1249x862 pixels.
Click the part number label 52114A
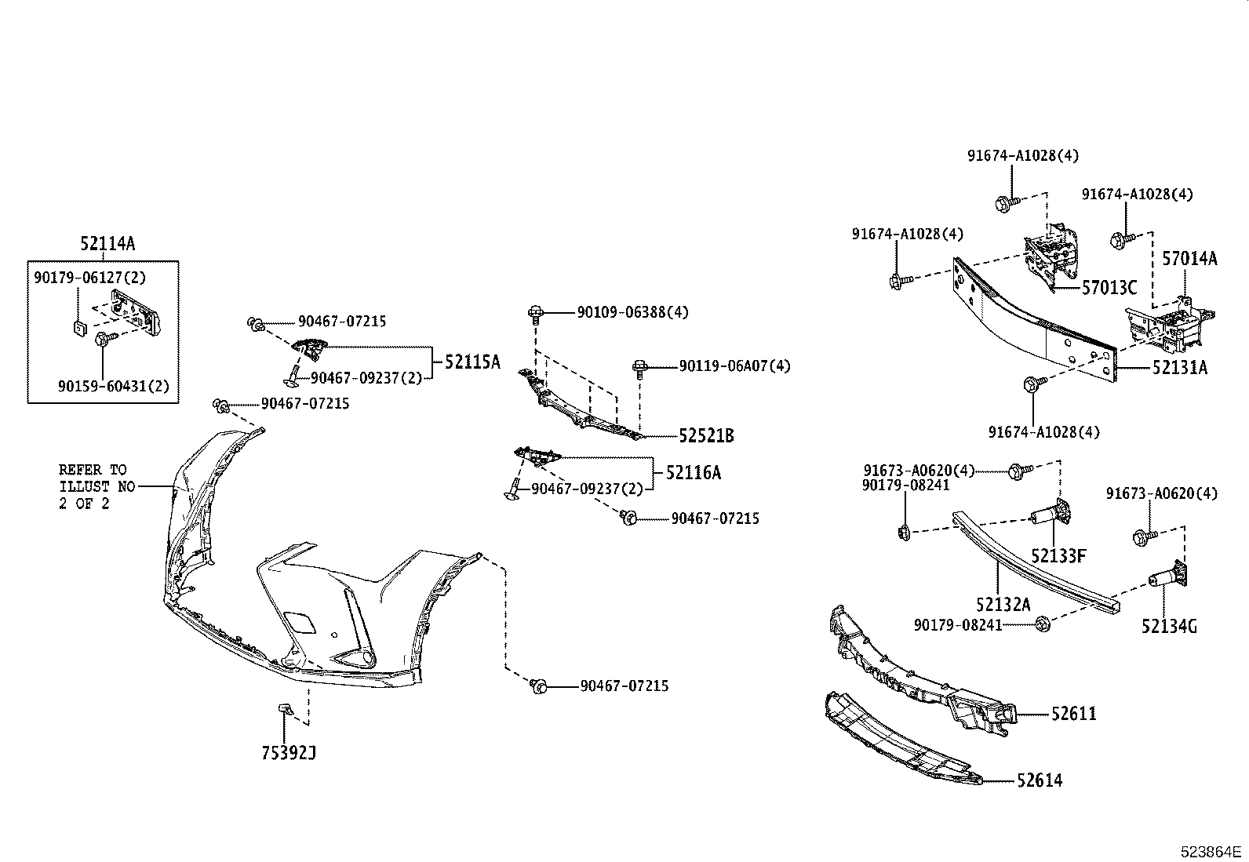tap(107, 244)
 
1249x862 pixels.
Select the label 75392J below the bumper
tap(289, 754)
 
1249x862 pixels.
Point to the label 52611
tap(1074, 714)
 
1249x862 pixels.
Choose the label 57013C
tap(1109, 288)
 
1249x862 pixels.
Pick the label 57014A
tap(1190, 258)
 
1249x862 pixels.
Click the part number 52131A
tap(1179, 366)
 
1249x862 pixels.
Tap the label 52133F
tap(1058, 556)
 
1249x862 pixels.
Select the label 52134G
tap(1170, 626)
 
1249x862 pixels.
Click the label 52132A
tap(1003, 604)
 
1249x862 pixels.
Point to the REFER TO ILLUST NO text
tap(93, 486)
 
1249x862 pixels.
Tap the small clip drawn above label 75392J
tap(285, 710)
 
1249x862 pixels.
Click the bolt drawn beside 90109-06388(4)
tap(535, 314)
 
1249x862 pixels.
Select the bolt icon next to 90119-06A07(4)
tap(639, 367)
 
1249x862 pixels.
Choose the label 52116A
tap(693, 472)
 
